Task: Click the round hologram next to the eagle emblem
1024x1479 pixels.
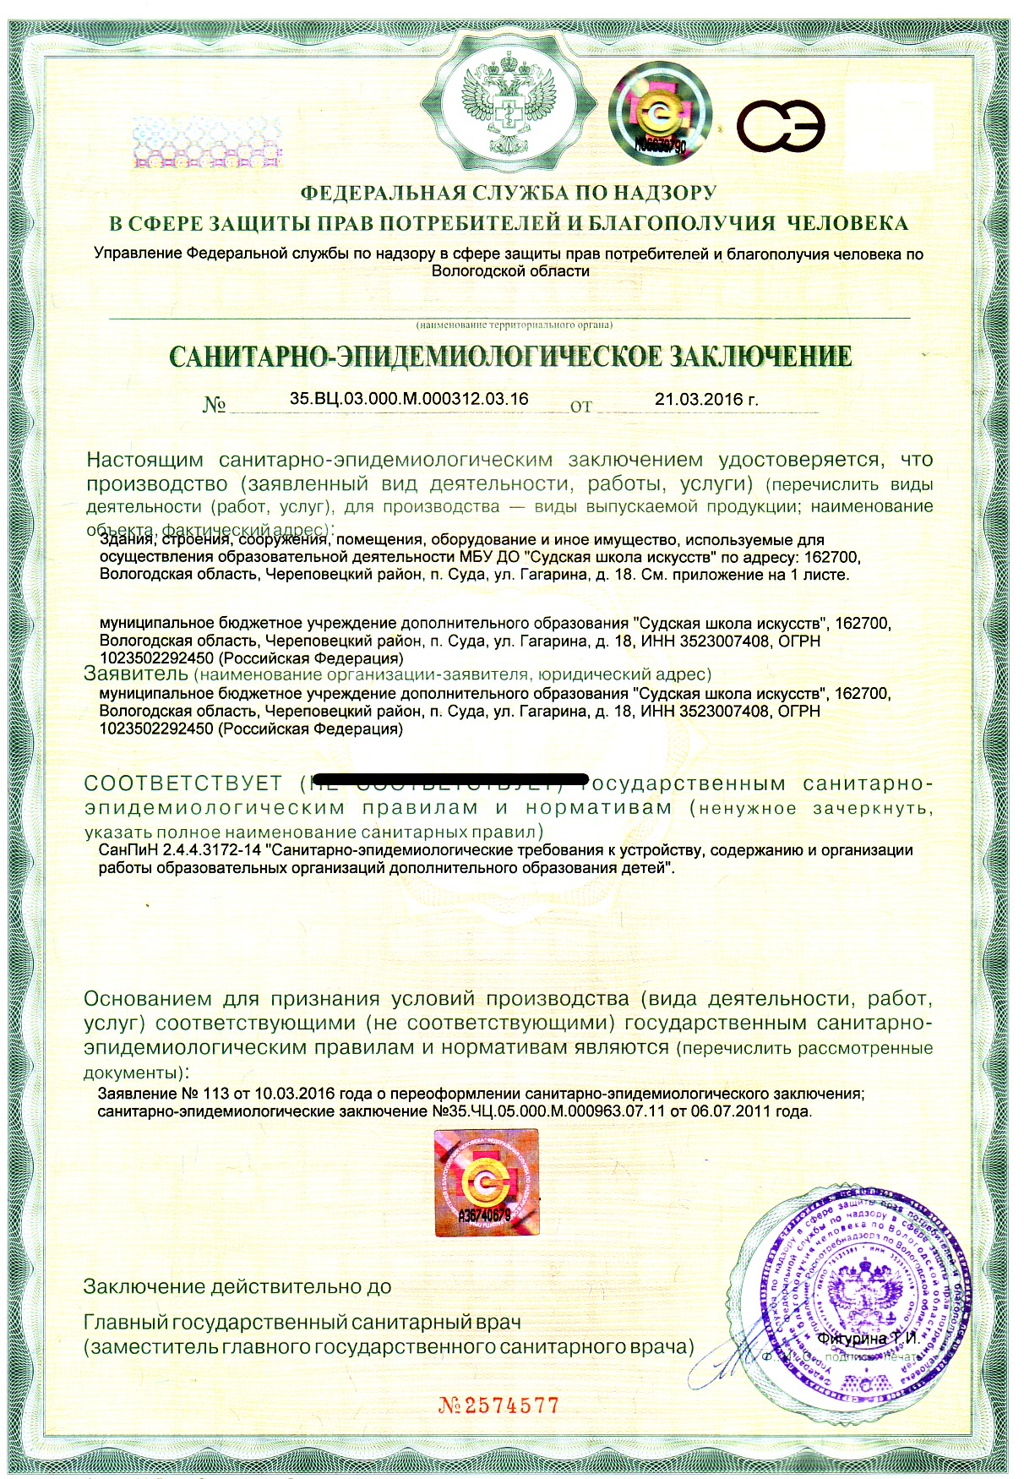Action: [x=660, y=115]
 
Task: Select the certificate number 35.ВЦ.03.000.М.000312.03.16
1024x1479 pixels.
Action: [x=409, y=398]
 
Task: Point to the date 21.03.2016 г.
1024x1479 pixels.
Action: [x=706, y=399]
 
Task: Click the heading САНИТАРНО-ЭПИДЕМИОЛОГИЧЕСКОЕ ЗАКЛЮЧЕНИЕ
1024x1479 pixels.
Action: [x=510, y=356]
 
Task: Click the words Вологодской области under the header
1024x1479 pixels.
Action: [x=510, y=271]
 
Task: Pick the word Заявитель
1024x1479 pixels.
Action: [x=135, y=674]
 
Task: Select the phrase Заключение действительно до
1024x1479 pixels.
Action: [x=237, y=1286]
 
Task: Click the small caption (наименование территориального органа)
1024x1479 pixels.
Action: [x=513, y=325]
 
